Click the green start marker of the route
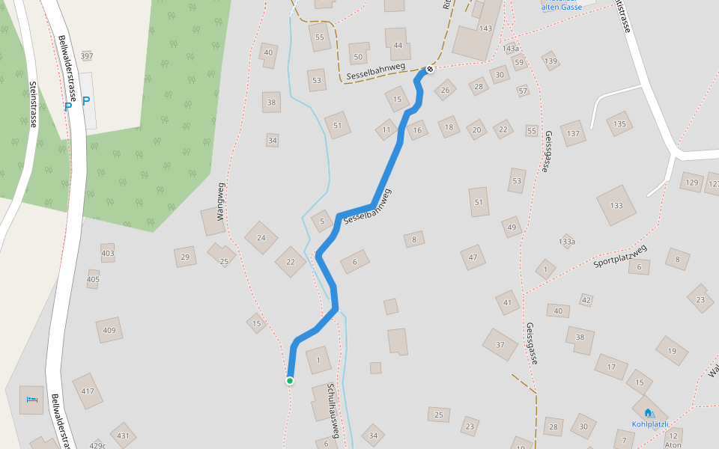click(x=290, y=381)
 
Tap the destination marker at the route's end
click(x=430, y=70)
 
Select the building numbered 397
click(x=87, y=56)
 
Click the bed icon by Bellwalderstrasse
click(x=31, y=400)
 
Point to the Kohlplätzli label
click(x=649, y=424)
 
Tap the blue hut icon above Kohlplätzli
click(x=648, y=412)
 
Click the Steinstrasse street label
click(x=33, y=104)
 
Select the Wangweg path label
click(x=221, y=201)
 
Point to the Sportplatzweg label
click(x=619, y=256)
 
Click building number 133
click(x=616, y=206)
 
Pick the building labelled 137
click(x=573, y=133)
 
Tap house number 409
click(x=109, y=330)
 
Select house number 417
click(x=88, y=391)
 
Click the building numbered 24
click(x=261, y=238)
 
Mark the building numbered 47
click(x=473, y=257)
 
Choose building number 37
click(x=500, y=345)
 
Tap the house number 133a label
click(x=567, y=242)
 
